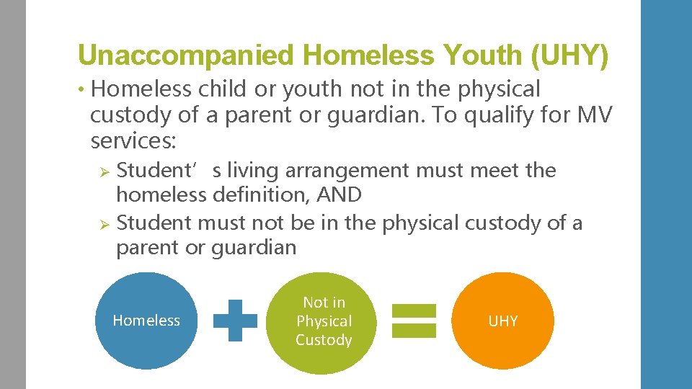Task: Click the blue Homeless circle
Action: [146, 321]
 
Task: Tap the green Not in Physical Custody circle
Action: [324, 321]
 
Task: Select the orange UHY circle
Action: [503, 321]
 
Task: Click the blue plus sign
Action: [236, 321]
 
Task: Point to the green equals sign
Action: [414, 321]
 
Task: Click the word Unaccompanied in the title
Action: [186, 55]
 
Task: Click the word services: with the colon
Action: [133, 140]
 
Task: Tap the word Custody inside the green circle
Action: [324, 340]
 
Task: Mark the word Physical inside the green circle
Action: [324, 321]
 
